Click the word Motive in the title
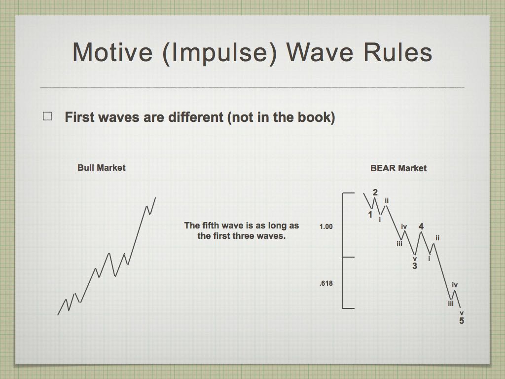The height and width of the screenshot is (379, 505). (112, 52)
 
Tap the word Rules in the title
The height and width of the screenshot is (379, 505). (398, 52)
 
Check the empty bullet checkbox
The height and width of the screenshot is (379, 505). (47, 116)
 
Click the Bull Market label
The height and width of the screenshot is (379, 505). (102, 168)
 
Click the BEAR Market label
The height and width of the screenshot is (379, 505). (398, 168)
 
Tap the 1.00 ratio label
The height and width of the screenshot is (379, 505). (326, 227)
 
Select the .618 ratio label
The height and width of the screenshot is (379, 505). (326, 283)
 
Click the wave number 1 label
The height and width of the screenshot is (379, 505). (370, 214)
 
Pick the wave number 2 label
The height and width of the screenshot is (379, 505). (375, 192)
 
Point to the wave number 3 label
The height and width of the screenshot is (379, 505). (415, 266)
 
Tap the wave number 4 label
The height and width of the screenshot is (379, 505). (421, 227)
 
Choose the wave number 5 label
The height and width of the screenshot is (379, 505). (462, 321)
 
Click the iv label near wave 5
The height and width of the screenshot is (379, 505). (455, 285)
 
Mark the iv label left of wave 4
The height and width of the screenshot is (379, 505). (404, 227)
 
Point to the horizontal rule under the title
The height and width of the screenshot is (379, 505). (252, 87)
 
